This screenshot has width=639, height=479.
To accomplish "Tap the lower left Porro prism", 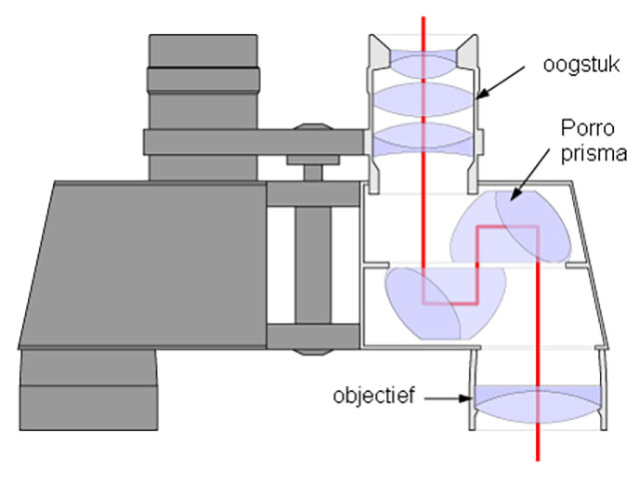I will click(424, 305).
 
